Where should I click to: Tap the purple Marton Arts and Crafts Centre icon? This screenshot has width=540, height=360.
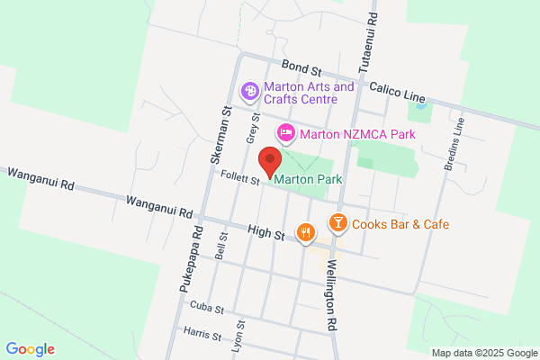click(249, 91)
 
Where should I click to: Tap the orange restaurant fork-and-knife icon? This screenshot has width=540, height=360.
click(307, 232)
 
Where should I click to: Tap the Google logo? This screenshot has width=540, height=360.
click(30, 349)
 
